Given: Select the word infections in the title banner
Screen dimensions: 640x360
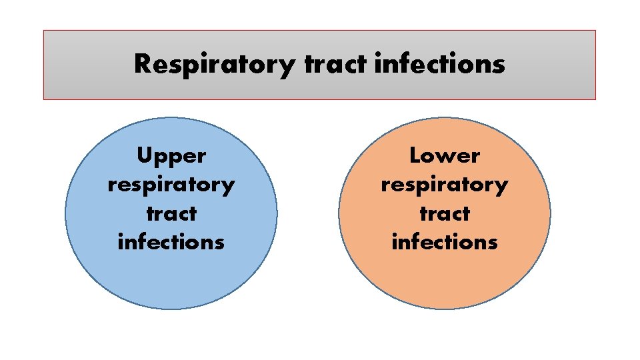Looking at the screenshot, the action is [x=440, y=65].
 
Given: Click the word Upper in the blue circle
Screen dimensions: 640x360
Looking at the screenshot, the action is [x=171, y=157].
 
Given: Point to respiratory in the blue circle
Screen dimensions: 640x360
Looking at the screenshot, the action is [x=171, y=185].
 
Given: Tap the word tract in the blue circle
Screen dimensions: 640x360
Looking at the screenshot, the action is [x=171, y=213].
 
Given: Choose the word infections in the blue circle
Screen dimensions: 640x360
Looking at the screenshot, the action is [x=171, y=241].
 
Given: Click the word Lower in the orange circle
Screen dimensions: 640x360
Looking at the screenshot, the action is [x=445, y=155].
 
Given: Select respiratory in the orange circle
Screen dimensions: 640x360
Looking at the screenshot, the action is [x=445, y=185].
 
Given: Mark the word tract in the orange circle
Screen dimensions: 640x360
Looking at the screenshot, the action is [x=445, y=213].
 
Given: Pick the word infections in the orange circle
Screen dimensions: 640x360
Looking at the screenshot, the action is [x=445, y=241].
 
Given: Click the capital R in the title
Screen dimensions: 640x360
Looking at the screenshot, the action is [x=143, y=64].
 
